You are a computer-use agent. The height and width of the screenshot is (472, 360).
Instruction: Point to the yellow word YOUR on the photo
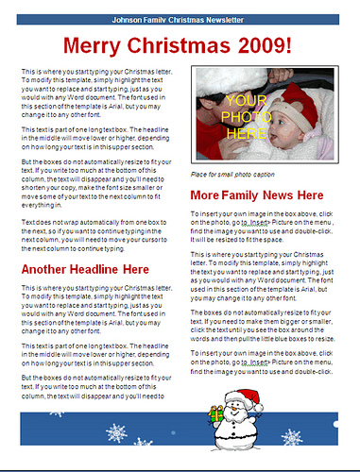click(247, 100)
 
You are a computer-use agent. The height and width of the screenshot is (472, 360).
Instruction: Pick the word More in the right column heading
click(207, 195)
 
